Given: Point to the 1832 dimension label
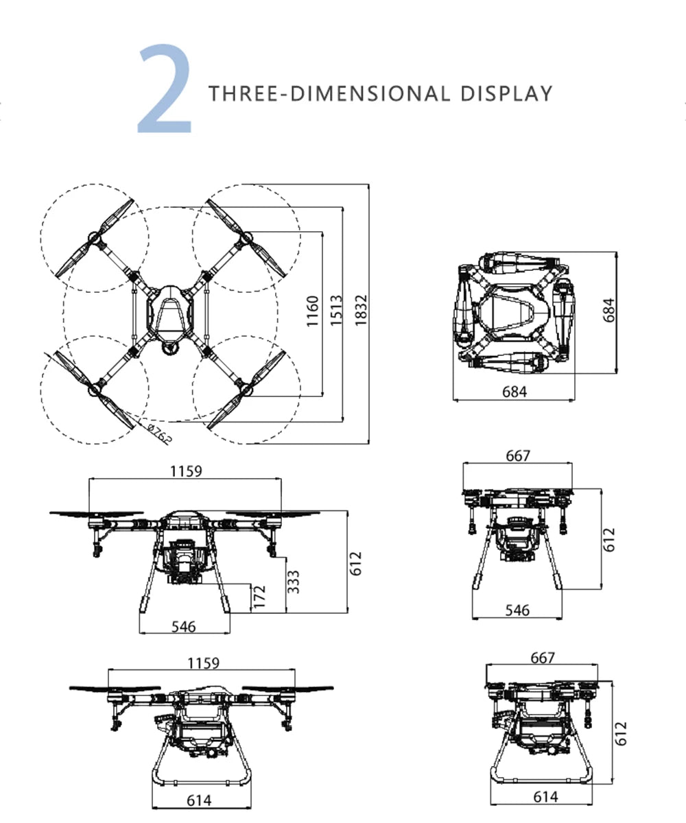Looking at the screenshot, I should (362, 311).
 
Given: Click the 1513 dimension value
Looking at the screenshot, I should (336, 311).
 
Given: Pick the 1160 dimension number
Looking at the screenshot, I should (313, 311).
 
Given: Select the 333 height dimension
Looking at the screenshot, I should (292, 582).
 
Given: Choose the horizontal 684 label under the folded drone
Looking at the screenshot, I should (514, 392).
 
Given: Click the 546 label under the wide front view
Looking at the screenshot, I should (183, 626).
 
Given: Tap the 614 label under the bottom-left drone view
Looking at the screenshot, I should (199, 800).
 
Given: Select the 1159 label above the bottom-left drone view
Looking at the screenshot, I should (202, 663).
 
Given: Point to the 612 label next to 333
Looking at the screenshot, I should (355, 564).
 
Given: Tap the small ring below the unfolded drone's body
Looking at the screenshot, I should (168, 348).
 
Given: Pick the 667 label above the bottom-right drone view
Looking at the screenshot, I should (542, 658).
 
